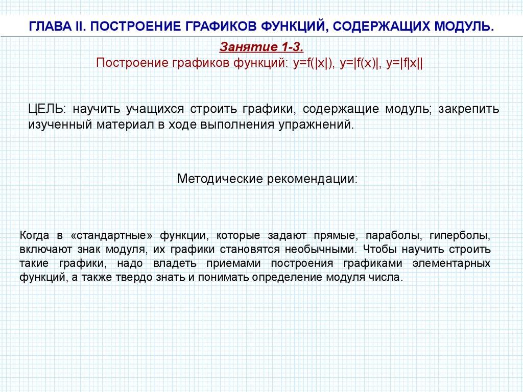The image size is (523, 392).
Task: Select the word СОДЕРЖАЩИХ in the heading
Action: (x=381, y=26)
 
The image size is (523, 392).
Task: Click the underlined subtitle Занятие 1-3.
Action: (x=261, y=47)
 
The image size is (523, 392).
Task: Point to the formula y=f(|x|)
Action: (x=314, y=63)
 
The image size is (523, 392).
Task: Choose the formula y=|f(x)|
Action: (x=360, y=63)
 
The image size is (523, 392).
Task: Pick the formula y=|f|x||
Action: (x=405, y=63)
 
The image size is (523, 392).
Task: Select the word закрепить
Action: (x=469, y=110)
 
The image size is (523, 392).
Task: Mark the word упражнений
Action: (x=316, y=125)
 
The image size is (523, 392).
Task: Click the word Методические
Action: (x=221, y=179)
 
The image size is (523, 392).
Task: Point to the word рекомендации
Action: (x=313, y=179)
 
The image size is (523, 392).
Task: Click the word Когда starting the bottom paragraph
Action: (x=34, y=235)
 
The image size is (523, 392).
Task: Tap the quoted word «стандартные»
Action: (x=112, y=236)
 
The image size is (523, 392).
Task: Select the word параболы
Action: (x=393, y=236)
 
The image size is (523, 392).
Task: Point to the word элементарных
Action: (x=451, y=264)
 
